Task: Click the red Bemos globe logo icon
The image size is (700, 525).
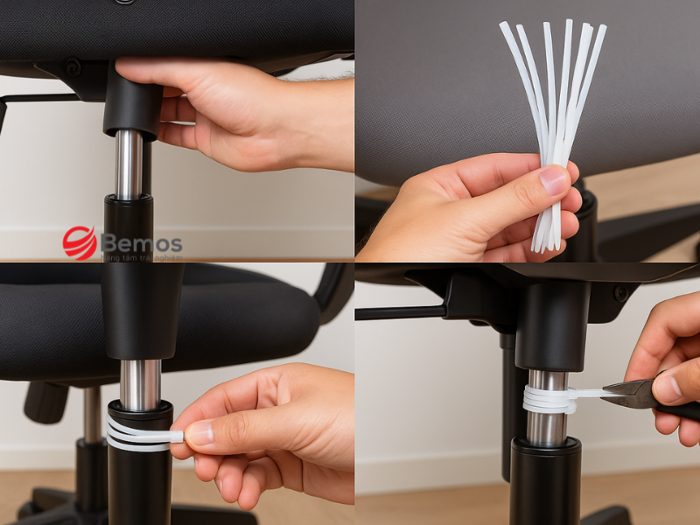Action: tap(80, 242)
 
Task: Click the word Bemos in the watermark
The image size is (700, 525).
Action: tap(142, 242)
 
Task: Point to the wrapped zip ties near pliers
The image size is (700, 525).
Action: tap(546, 399)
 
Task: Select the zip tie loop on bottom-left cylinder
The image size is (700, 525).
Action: tap(137, 432)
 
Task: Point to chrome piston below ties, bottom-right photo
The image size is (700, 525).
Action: tap(547, 428)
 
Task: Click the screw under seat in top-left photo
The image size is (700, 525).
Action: tap(72, 67)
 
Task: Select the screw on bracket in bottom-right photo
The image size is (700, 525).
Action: tap(619, 294)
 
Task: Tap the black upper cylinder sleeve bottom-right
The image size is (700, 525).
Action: tap(551, 324)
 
